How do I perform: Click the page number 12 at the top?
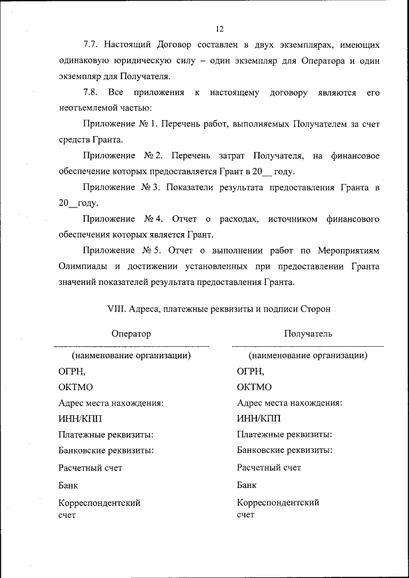pos(220,29)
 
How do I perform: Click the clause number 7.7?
pos(91,46)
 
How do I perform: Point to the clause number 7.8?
pos(91,93)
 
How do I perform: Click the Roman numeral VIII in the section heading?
pos(116,308)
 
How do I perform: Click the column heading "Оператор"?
pos(131,333)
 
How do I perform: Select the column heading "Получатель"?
pos(308,333)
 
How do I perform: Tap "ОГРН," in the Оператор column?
pos(72,370)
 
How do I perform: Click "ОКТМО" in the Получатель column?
pos(254,387)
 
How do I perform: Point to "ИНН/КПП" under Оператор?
pos(80,418)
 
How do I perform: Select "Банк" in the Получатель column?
pos(247,485)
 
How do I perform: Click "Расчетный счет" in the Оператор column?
pos(90,468)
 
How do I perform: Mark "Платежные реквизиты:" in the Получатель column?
pos(284,434)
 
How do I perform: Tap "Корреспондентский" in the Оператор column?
pos(99,503)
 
